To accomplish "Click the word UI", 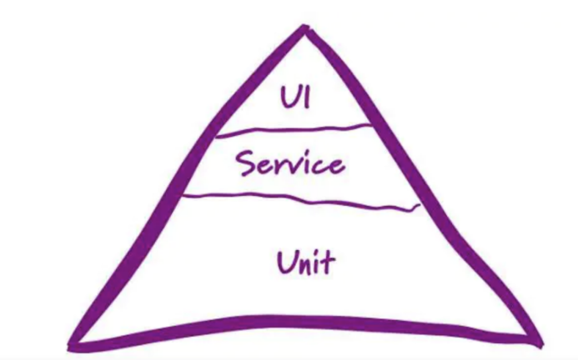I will point(294,97).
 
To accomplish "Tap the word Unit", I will point(305,262).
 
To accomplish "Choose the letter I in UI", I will point(307,97).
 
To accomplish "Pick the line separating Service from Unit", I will point(300,199).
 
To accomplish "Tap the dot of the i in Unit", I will point(319,252).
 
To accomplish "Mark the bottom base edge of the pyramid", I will point(300,322).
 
